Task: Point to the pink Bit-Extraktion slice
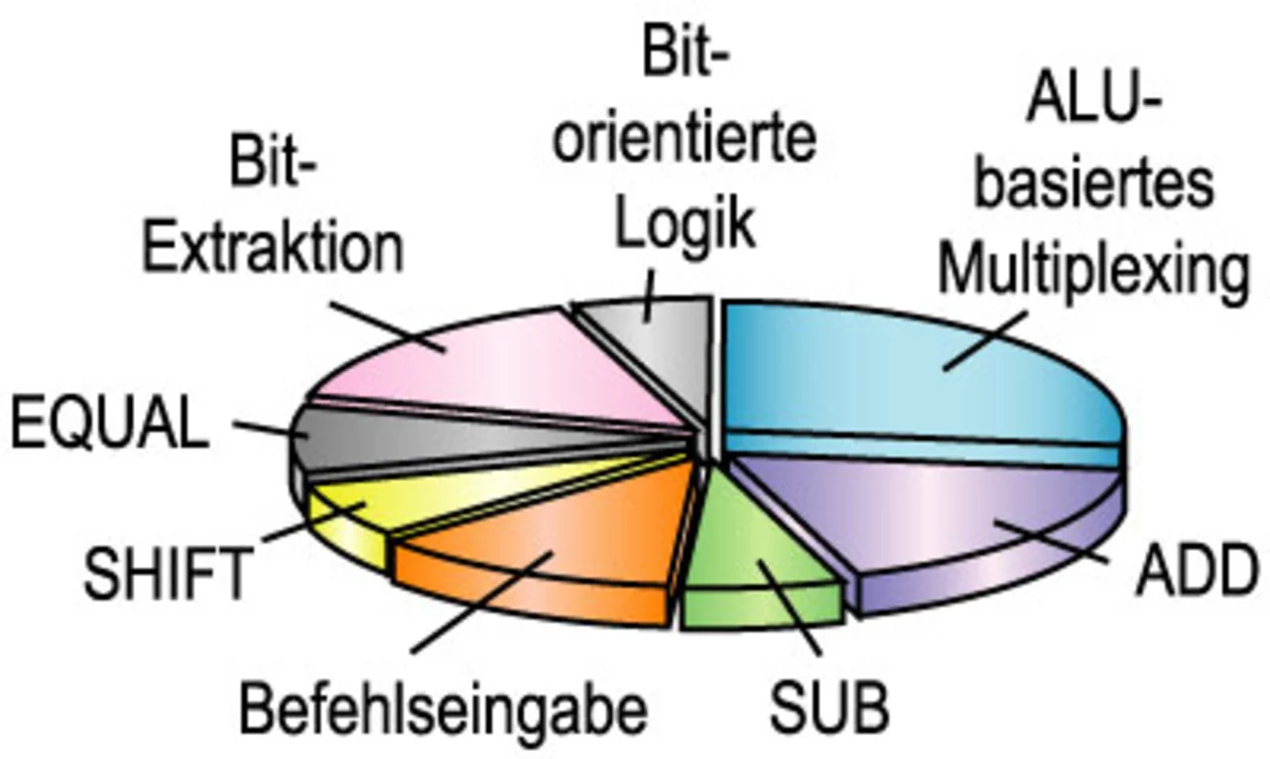pos(496,367)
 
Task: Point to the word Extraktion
pos(273,248)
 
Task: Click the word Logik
pos(685,226)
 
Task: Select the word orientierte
pos(685,140)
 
